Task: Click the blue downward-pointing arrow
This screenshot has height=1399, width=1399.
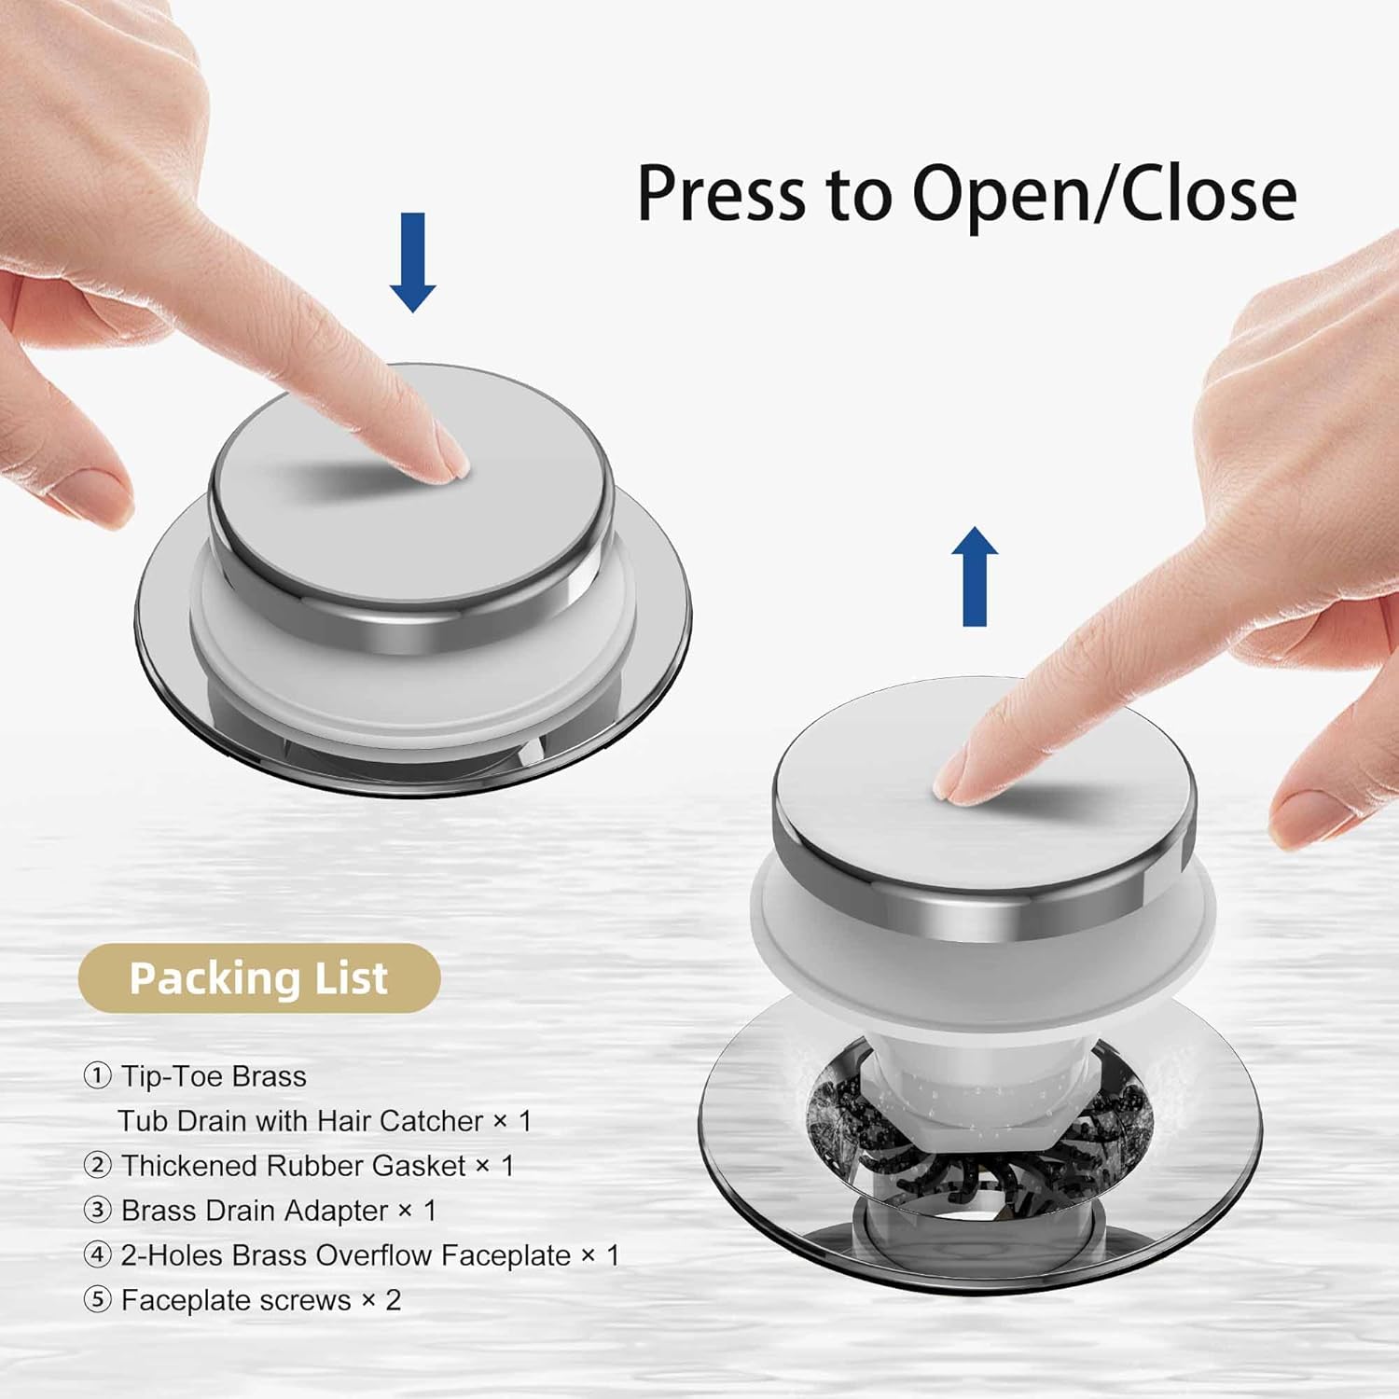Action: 412,261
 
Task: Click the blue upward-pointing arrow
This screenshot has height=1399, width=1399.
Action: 975,576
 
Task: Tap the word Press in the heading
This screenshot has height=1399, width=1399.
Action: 722,194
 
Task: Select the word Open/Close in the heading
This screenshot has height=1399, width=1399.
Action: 1104,194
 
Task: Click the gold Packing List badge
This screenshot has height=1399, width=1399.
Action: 259,978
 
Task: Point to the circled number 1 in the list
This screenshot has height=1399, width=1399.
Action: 97,1076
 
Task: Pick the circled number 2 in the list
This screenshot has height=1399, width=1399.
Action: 97,1166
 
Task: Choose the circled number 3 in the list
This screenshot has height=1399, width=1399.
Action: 97,1211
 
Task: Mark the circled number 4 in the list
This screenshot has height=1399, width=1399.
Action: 97,1255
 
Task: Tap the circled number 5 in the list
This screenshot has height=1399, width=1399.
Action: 97,1300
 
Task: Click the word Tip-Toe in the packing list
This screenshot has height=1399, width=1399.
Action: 173,1077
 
